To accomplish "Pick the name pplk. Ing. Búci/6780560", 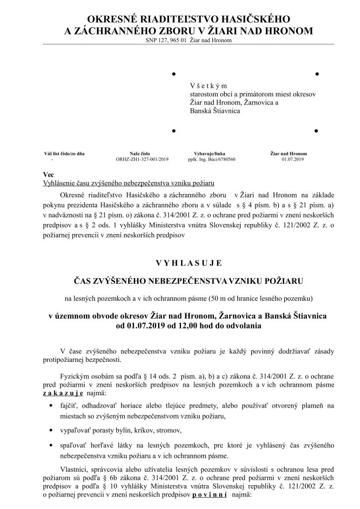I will click(x=211, y=160).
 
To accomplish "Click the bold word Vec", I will click(x=49, y=175).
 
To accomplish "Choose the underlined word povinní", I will click(x=209, y=495).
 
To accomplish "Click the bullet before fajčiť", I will click(x=52, y=406).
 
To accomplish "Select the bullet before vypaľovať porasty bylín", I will click(x=52, y=429).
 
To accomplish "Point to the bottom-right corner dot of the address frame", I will click(x=316, y=131).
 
